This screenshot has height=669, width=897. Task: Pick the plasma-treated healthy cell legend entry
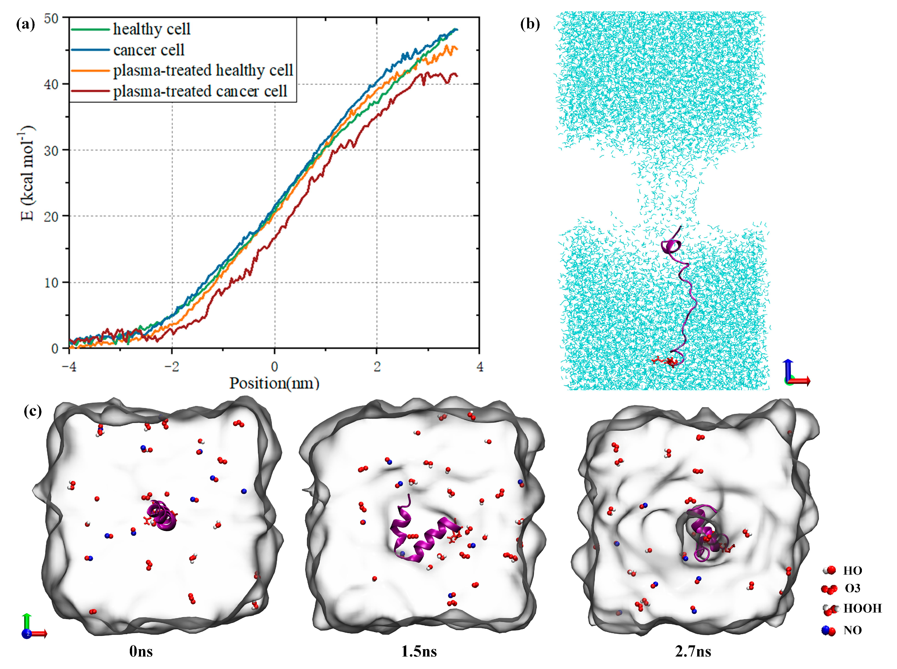203,70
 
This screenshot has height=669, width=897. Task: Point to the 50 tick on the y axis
51,18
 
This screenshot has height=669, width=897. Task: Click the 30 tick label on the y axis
51,150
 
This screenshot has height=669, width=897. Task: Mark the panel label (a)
25,24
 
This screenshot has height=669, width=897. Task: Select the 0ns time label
141,651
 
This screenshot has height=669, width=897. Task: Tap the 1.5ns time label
419,651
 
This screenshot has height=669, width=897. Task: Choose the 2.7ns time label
693,651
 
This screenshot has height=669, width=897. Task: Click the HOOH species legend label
862,608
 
